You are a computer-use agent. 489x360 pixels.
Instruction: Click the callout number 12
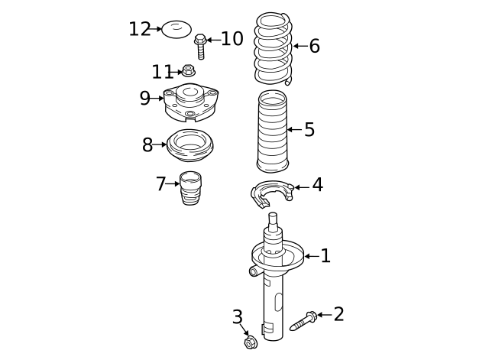coord(139,29)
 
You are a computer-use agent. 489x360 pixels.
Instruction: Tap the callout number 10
coord(232,39)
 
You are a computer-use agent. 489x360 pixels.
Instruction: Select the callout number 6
coord(314,47)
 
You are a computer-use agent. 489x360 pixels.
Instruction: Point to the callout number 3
coord(238,317)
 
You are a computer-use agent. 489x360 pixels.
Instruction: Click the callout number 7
coord(160,184)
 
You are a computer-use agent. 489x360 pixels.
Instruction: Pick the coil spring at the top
coord(273,47)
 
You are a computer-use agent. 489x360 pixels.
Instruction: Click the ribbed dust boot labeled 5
coord(273,131)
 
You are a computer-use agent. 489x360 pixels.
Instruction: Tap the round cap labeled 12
coord(176,29)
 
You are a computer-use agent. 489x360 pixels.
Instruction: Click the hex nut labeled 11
coord(187,72)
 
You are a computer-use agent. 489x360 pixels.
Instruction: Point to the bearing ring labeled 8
coord(189,145)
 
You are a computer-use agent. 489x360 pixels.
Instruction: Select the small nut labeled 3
coord(250,342)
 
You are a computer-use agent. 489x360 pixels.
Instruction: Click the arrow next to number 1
coord(311,256)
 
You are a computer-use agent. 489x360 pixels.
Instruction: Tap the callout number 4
coord(317,185)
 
